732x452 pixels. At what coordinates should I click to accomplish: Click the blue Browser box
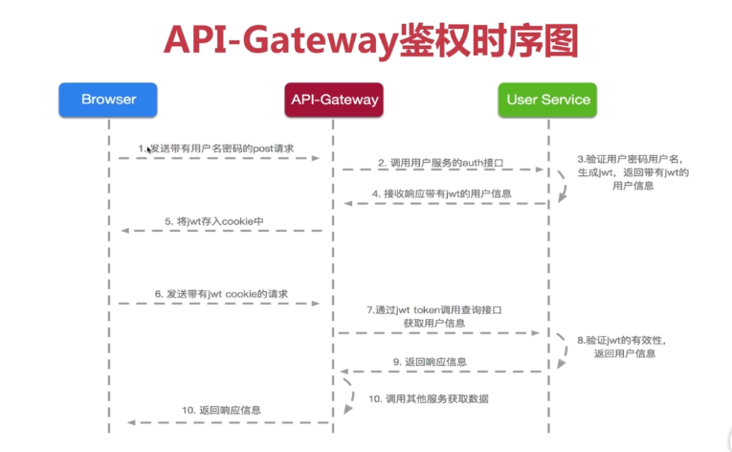pos(109,100)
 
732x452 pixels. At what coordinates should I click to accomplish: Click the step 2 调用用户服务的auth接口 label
pos(439,162)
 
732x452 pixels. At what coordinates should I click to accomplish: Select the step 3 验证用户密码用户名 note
pos(632,171)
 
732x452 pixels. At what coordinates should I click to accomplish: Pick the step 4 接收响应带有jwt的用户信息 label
pos(441,193)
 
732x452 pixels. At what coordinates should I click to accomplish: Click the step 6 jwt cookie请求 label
pos(221,293)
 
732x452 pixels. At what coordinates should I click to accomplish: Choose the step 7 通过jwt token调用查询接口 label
pos(435,317)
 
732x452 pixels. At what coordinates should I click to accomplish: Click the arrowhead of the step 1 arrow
pos(315,158)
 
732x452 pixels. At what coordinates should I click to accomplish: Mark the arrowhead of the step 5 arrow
pos(122,231)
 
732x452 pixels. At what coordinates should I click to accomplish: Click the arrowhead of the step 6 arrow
pos(315,303)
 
